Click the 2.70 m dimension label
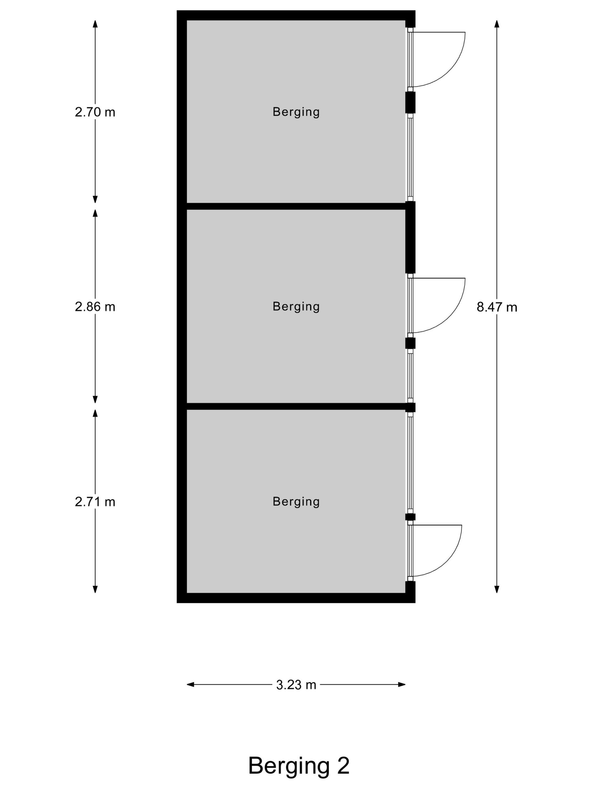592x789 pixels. [95, 112]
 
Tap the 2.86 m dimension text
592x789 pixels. [95, 307]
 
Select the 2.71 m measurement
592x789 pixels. [95, 502]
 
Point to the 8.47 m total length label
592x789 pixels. [497, 307]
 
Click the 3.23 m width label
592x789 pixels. [296, 685]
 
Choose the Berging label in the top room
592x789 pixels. [296, 112]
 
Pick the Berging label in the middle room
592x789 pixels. [296, 307]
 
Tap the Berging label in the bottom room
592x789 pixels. [296, 502]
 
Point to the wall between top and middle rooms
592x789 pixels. [296, 206]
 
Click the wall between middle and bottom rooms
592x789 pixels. [296, 406]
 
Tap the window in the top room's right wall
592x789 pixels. [410, 157]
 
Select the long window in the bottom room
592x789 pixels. [410, 463]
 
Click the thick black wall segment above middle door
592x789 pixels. [410, 237]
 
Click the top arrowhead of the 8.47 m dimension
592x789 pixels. [497, 24]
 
